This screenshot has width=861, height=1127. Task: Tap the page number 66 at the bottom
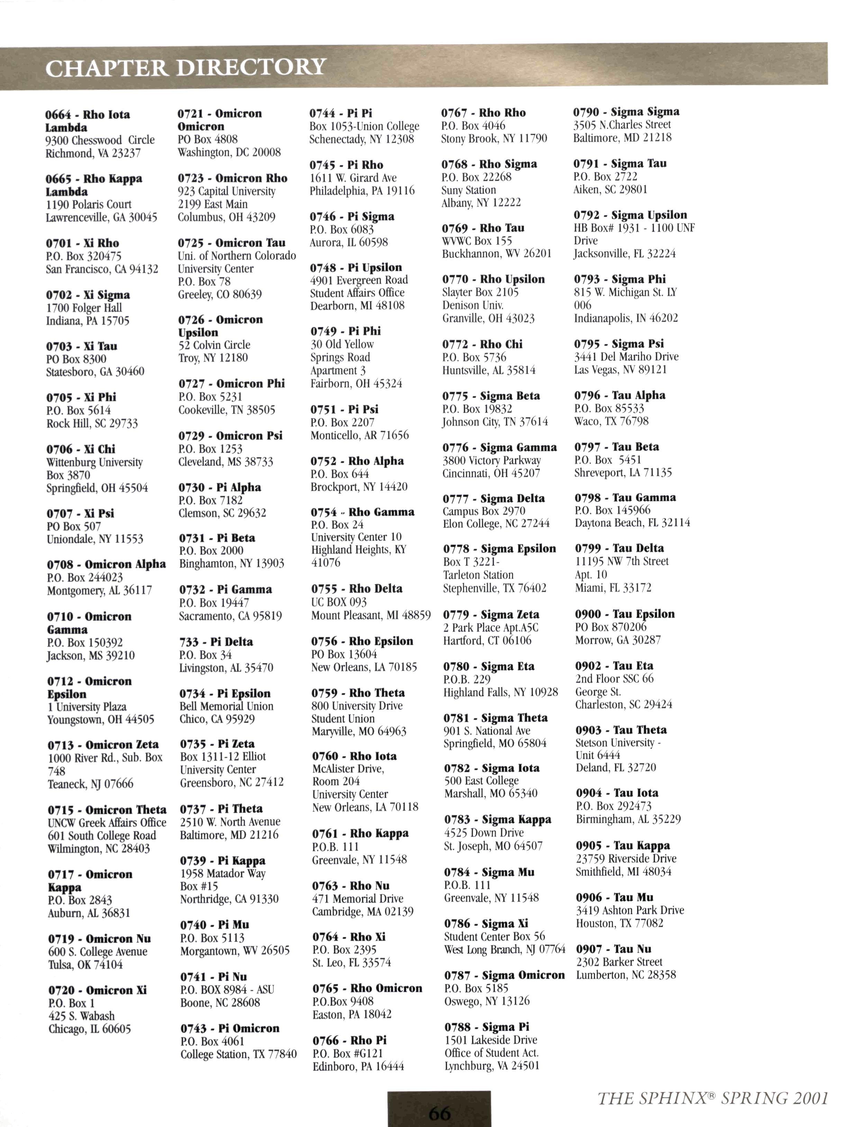click(x=440, y=1113)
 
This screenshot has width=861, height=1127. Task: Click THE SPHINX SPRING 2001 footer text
click(x=713, y=1098)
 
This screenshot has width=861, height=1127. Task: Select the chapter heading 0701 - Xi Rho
click(x=82, y=243)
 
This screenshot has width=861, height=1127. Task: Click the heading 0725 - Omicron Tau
click(x=232, y=243)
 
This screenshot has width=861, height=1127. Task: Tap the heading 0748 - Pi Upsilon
click(x=356, y=267)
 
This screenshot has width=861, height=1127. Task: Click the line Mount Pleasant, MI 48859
click(x=371, y=615)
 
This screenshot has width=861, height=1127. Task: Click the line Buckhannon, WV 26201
click(x=497, y=254)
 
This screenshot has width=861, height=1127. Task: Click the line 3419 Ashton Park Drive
click(x=630, y=910)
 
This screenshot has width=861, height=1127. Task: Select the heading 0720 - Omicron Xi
click(x=97, y=990)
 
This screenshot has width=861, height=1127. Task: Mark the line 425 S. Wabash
click(x=81, y=1016)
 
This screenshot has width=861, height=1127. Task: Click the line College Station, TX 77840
click(x=238, y=1054)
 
